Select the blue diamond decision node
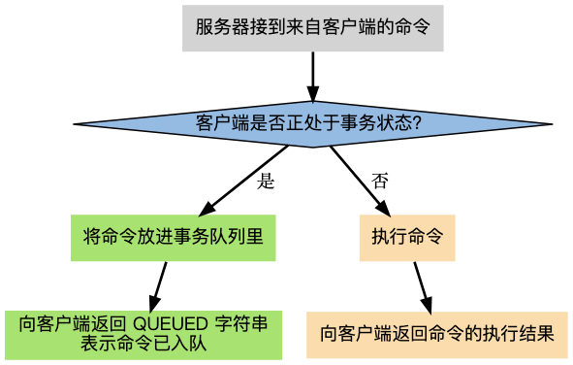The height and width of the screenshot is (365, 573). coord(312,123)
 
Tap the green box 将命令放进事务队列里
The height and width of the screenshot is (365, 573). coord(175,236)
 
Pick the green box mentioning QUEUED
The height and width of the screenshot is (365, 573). coord(143,333)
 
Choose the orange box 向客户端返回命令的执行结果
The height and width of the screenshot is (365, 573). coord(437,333)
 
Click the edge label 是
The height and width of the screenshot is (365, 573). coord(267,182)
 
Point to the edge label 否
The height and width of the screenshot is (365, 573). coord(380,182)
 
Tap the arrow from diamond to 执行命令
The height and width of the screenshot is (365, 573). coord(360,181)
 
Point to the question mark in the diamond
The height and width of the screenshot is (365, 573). coord(416,123)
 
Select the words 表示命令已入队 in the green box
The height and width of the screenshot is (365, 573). coord(143,343)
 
